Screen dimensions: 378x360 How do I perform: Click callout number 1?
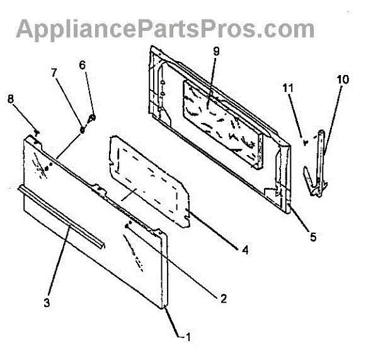(187, 337)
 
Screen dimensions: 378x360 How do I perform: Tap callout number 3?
(46, 303)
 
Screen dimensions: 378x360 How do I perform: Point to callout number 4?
(244, 250)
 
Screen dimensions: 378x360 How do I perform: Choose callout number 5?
(312, 238)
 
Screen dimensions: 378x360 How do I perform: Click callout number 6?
(82, 64)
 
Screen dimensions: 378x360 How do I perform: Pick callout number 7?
(54, 73)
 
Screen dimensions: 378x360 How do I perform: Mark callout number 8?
(10, 98)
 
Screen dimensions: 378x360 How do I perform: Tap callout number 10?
(342, 79)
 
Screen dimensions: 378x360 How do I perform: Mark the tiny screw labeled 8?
(38, 132)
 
